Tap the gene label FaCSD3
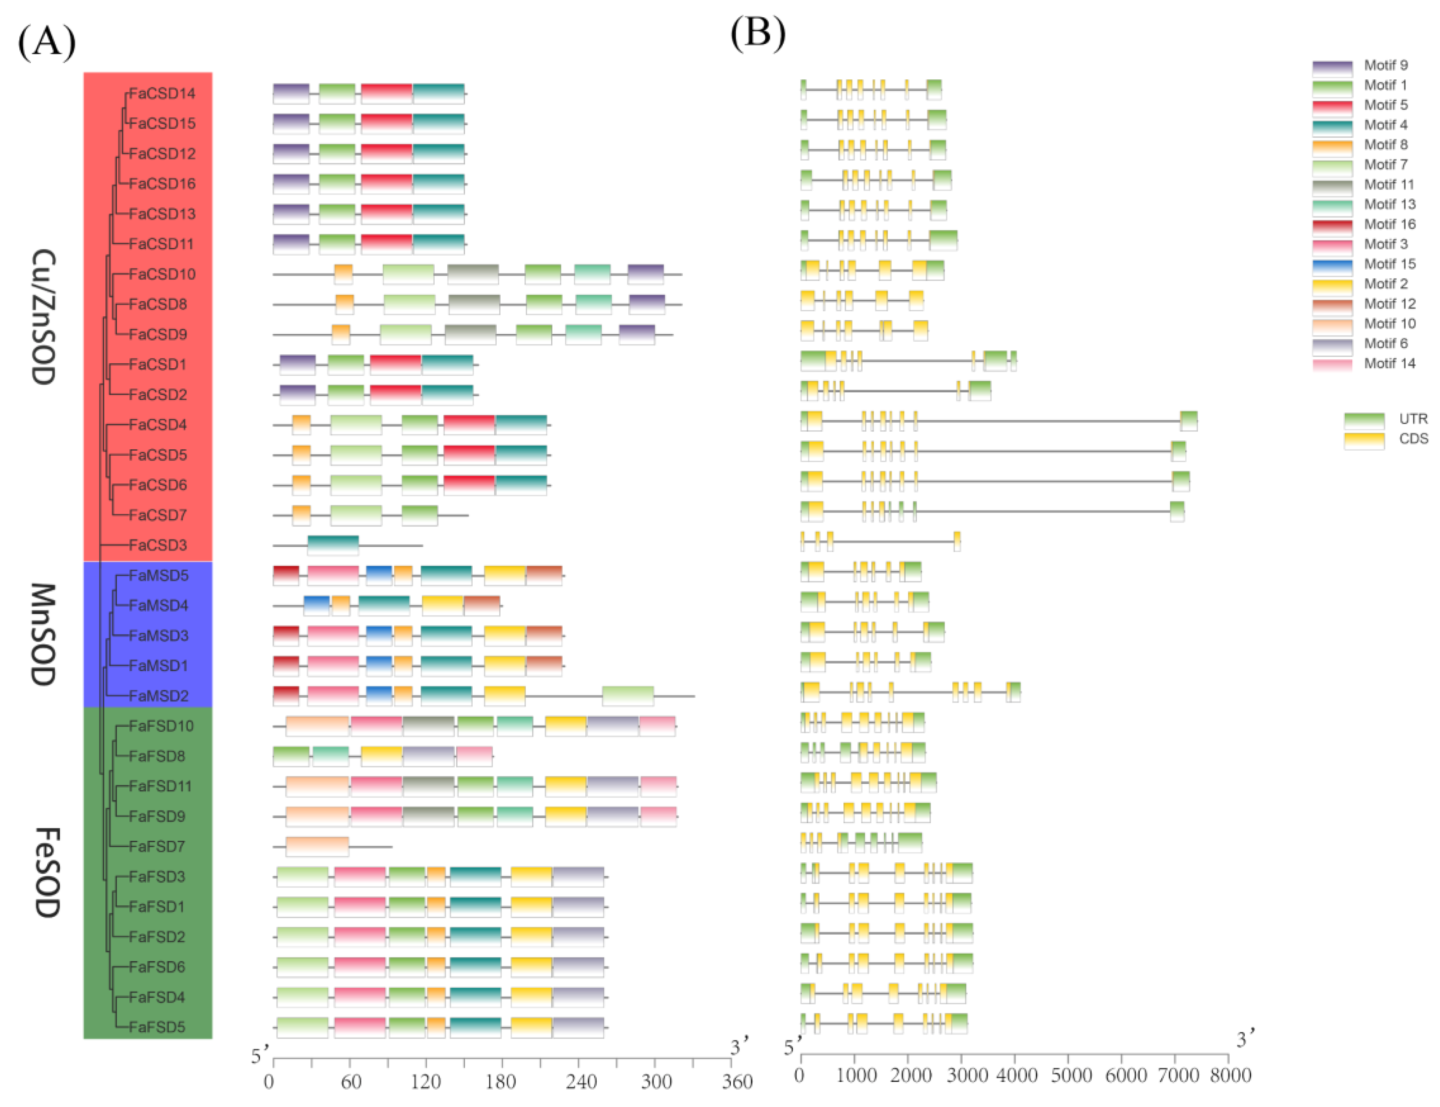click(158, 545)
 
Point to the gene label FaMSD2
click(159, 696)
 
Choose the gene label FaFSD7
click(157, 846)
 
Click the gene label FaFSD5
click(157, 1026)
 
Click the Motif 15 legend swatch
click(1332, 265)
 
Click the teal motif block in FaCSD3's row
click(333, 545)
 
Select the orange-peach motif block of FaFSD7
click(317, 846)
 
